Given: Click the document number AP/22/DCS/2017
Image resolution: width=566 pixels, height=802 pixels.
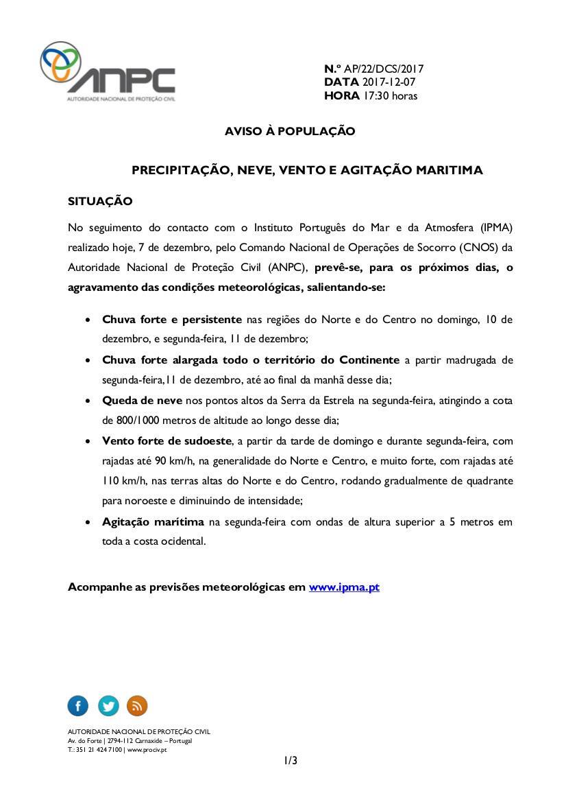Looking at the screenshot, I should tap(384, 69).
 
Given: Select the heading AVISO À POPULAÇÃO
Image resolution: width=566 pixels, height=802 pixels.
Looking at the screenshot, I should tap(290, 131).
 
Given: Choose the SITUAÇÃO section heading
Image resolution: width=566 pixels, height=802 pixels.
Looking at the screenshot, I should tap(100, 202).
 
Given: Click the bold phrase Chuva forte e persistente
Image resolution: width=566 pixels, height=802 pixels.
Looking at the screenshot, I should tap(172, 320).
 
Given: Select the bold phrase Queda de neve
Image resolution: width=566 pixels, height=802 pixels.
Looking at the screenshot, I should tap(142, 401).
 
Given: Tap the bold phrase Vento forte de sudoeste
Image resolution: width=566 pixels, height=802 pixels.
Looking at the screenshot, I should tap(169, 441).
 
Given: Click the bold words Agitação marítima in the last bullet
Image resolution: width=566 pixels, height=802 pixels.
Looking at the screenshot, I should tap(153, 522).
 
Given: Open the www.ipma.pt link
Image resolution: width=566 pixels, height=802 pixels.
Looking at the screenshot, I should tap(344, 587).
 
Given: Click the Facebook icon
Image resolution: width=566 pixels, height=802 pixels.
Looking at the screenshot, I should tap(78, 705).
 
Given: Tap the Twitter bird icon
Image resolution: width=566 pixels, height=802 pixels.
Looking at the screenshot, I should tap(108, 705).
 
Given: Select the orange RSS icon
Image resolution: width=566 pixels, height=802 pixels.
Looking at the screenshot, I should tap(137, 705).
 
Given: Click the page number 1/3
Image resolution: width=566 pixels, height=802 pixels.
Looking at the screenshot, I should tap(291, 760).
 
